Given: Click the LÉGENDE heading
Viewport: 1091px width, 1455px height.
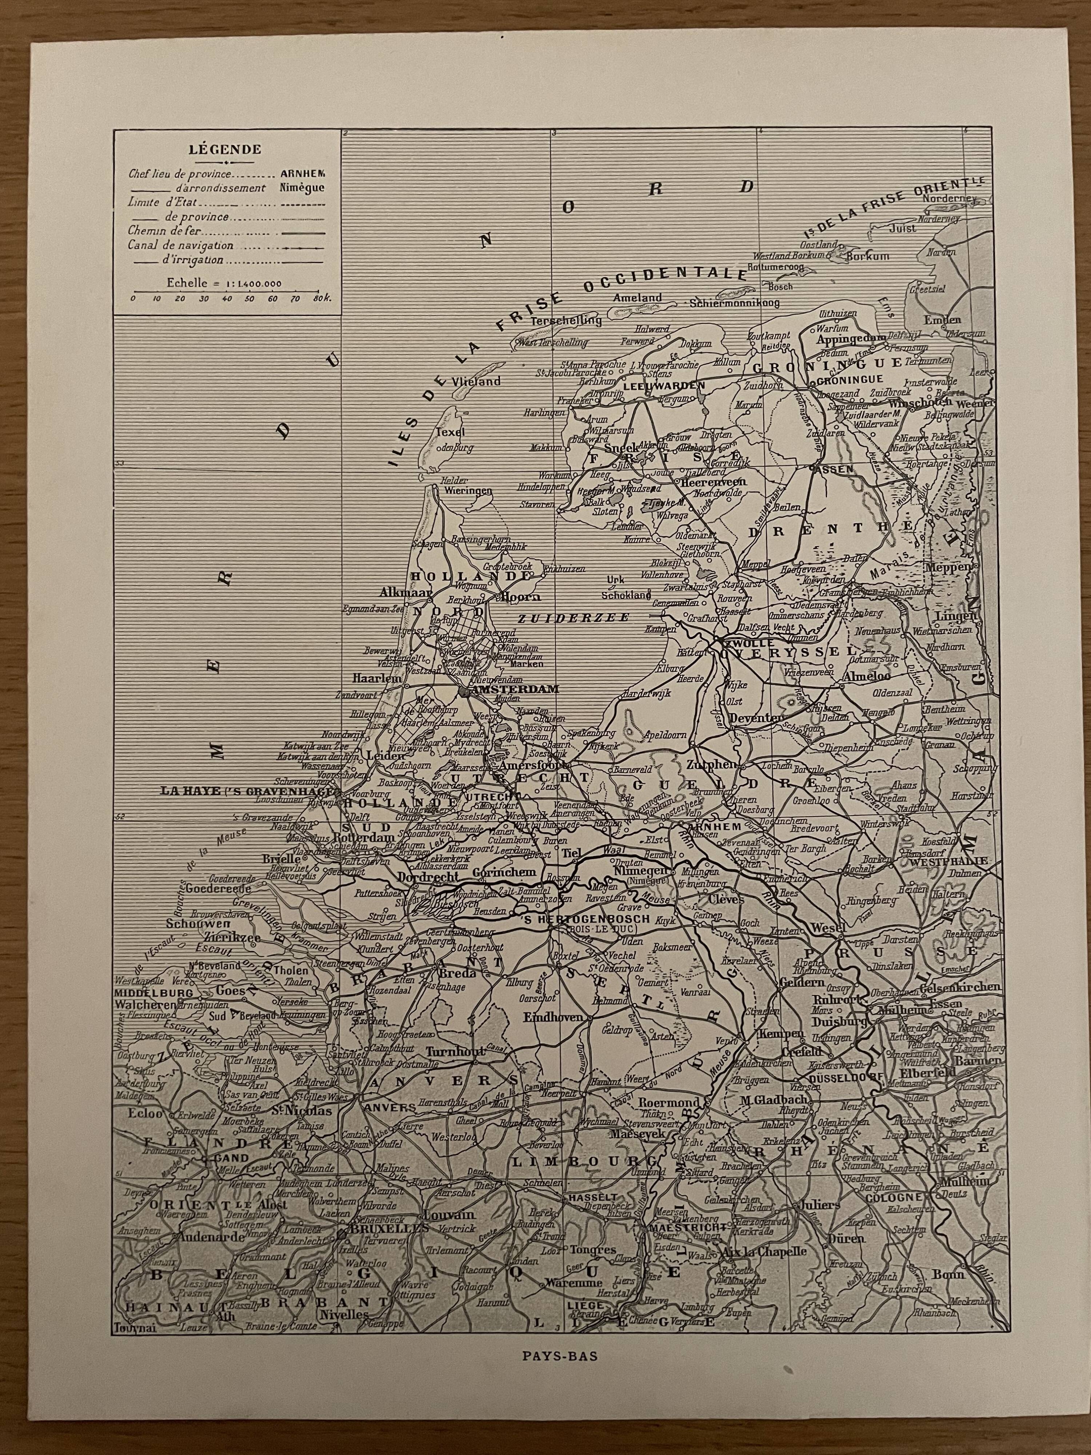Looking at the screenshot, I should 225,149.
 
